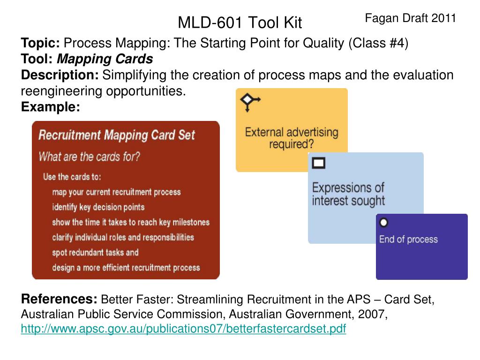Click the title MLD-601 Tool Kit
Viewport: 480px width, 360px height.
[240, 22]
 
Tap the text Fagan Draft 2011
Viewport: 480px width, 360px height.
[411, 18]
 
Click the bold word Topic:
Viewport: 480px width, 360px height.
[40, 43]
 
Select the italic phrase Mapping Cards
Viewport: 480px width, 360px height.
[105, 59]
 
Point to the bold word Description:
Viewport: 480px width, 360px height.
[60, 75]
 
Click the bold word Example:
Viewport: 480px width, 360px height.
[51, 107]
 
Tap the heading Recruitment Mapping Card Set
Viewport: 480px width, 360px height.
[117, 135]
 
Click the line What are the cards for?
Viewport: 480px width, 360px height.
[89, 157]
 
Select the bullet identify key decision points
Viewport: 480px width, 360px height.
[98, 207]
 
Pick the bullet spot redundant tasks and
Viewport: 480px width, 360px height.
[95, 253]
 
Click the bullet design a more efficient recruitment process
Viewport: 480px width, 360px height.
[126, 268]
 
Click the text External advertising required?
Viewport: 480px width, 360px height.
[292, 138]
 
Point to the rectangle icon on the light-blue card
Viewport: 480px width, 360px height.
[318, 163]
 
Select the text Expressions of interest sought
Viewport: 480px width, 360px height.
[348, 194]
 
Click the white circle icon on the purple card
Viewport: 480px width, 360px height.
[383, 223]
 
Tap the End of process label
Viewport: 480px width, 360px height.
[408, 239]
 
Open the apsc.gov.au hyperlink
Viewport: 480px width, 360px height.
[183, 329]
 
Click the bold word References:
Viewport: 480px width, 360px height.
[59, 299]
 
